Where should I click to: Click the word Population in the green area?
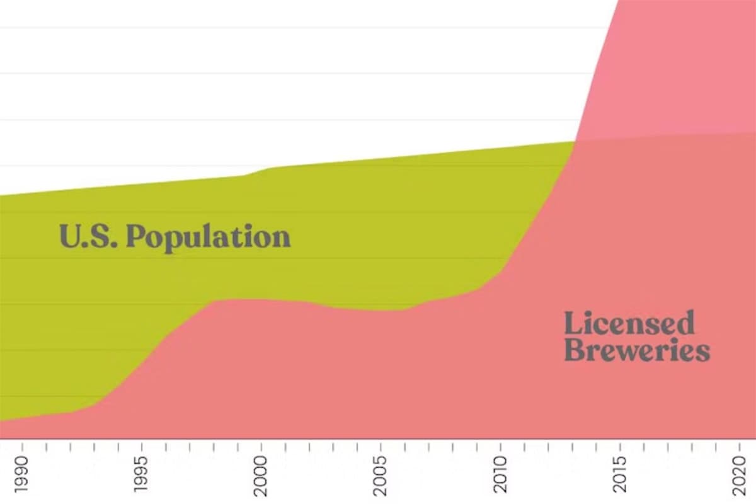209,237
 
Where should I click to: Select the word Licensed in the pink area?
629,323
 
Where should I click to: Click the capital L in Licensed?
572,323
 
